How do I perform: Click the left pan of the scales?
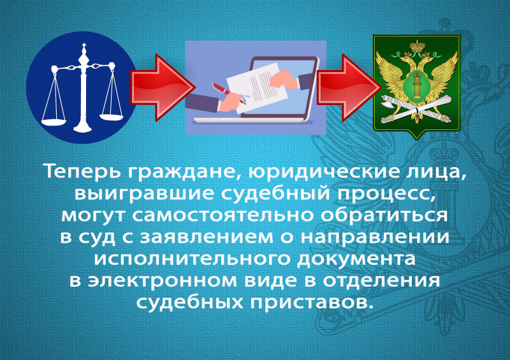coord(54,122)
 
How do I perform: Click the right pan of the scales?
coord(111,116)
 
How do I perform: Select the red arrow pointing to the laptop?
coord(163,87)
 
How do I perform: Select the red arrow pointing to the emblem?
coord(349,87)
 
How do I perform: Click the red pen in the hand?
coord(228,92)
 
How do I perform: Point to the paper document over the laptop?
coord(257,88)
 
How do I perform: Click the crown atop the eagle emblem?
coord(418,46)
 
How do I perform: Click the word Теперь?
coord(83,171)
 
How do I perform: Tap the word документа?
coord(357,259)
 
